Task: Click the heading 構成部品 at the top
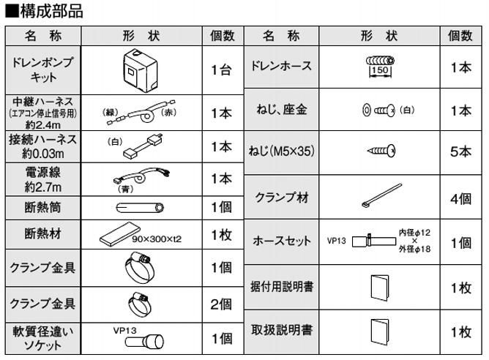click(50, 11)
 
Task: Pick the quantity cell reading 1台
click(220, 70)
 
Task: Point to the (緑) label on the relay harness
click(112, 112)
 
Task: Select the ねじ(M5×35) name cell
click(283, 152)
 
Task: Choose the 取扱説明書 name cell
click(283, 331)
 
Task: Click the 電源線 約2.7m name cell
click(43, 179)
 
